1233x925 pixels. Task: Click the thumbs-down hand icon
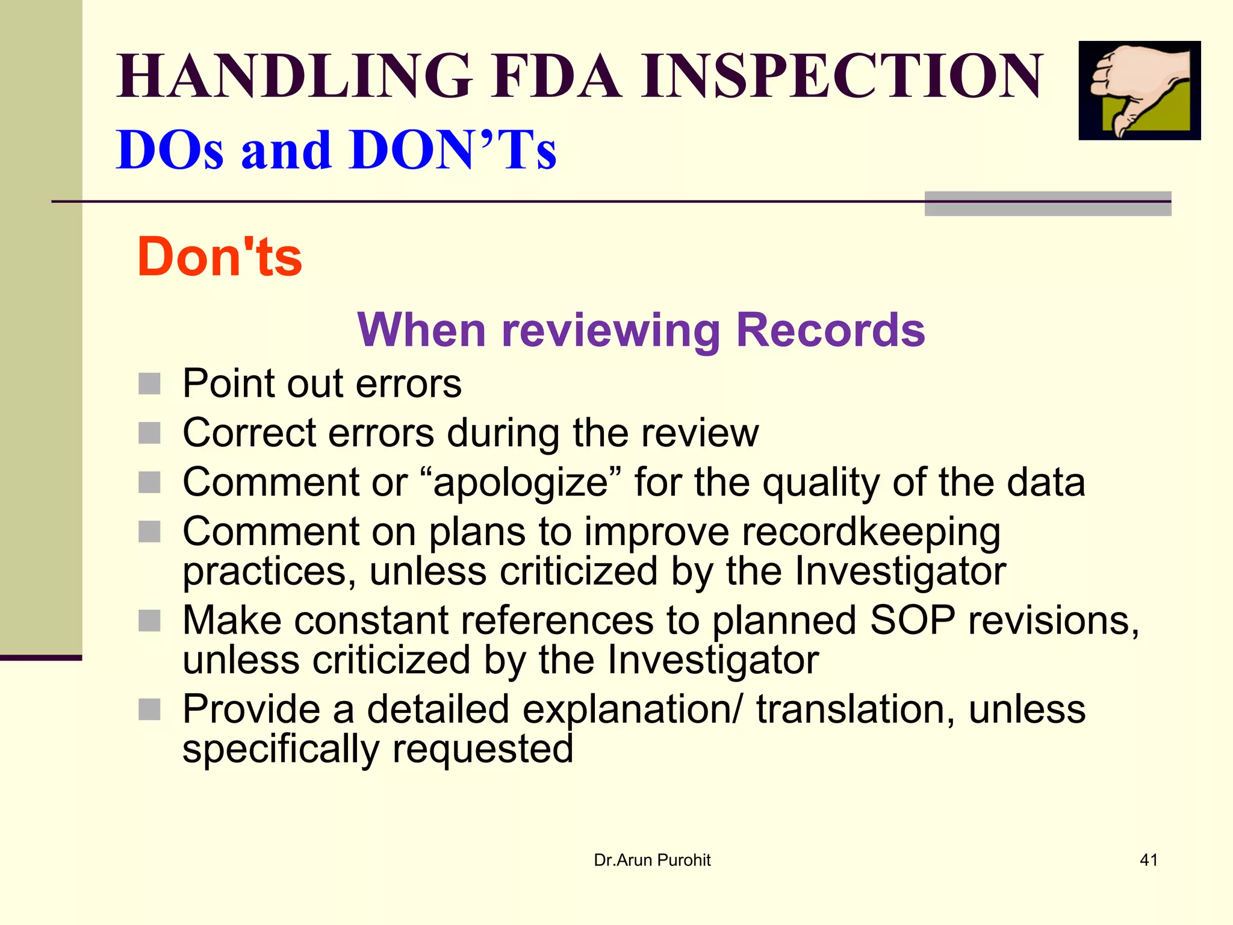point(1139,90)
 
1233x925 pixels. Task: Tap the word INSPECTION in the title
point(841,76)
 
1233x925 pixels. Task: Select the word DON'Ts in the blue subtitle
point(453,150)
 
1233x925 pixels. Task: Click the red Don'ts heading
point(220,257)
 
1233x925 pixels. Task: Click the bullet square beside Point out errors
point(149,384)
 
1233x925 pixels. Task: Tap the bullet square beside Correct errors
point(149,433)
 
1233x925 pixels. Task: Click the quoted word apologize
point(520,482)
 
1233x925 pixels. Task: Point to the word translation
point(855,709)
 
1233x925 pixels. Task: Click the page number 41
point(1149,860)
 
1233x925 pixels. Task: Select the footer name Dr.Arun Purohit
point(652,860)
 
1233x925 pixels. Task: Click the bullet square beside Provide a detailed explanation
point(149,709)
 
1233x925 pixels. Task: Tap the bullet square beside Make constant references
point(149,621)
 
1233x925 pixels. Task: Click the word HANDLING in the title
point(294,76)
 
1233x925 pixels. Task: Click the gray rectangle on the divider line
point(1048,204)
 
